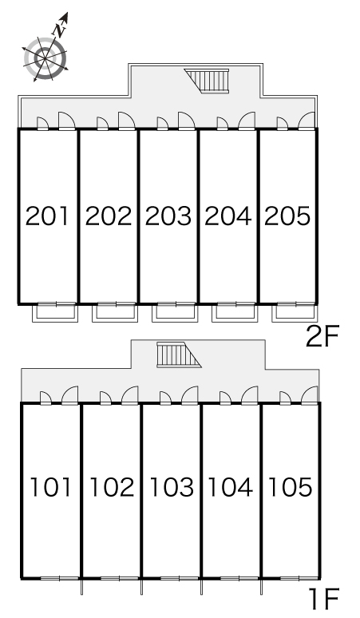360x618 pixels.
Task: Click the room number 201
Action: tap(47, 216)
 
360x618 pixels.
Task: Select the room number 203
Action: tap(168, 216)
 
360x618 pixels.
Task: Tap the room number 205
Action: tap(287, 216)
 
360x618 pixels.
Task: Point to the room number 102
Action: tap(113, 487)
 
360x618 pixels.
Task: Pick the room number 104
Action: tap(231, 487)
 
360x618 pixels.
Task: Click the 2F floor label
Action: tap(322, 337)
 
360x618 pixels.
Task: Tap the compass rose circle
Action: tap(45, 58)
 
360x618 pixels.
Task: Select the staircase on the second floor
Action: tap(207, 81)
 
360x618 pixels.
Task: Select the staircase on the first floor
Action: tap(179, 355)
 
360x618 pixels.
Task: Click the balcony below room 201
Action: tap(55, 312)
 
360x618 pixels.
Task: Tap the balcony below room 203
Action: tap(175, 312)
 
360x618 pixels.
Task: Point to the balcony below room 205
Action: tap(295, 312)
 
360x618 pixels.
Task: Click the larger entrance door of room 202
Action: tap(126, 121)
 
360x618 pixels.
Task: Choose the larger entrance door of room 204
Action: tap(247, 121)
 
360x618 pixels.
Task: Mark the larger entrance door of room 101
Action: tap(70, 395)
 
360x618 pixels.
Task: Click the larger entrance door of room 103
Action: tap(190, 395)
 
